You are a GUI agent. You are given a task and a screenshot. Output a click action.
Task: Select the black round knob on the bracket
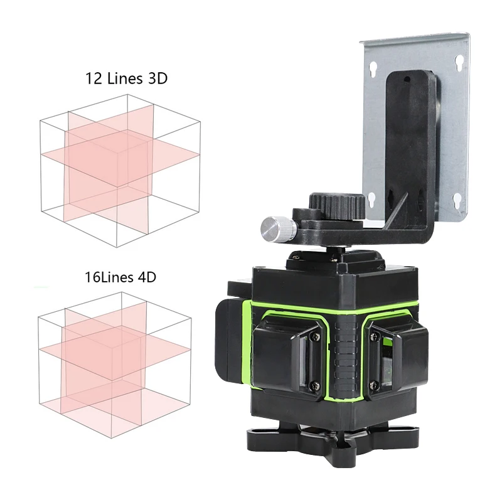click(338, 205)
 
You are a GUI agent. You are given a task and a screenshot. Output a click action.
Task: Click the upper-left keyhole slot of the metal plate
click(375, 66)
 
